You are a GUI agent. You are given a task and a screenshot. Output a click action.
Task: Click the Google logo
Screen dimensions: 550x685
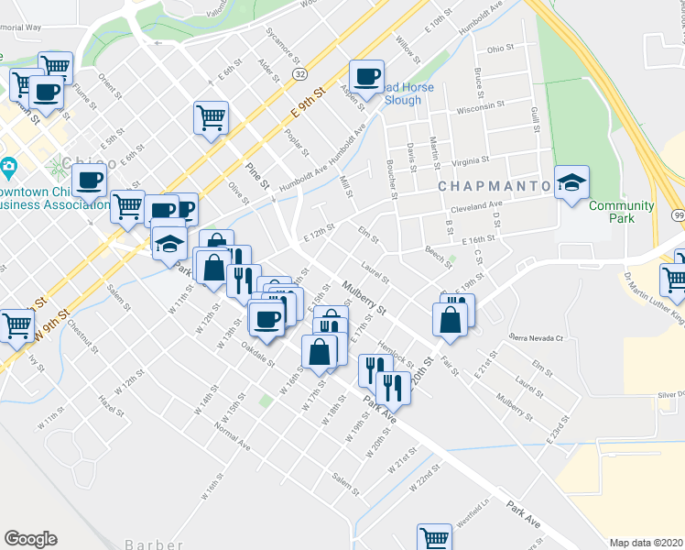pos(30,539)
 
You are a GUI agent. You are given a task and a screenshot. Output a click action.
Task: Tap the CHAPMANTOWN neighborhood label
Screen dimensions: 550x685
pos(495,186)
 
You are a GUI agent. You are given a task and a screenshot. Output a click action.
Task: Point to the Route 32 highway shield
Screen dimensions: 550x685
pos(299,72)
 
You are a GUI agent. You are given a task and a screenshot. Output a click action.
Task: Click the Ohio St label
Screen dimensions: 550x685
pos(500,48)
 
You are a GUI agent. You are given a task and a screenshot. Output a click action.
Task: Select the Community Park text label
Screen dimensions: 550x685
pos(621,212)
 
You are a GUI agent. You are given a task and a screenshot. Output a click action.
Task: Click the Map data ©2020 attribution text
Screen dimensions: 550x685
pos(647,543)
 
